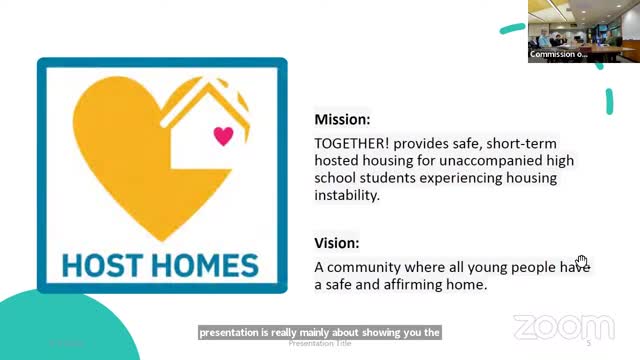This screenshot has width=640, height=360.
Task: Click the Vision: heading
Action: click(337, 243)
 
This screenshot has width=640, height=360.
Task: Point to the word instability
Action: click(346, 197)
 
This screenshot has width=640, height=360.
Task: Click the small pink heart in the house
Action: click(223, 135)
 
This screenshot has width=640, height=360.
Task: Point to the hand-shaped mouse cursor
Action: click(582, 262)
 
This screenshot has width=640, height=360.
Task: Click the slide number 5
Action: click(589, 343)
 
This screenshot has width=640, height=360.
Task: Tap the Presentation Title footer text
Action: click(320, 343)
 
